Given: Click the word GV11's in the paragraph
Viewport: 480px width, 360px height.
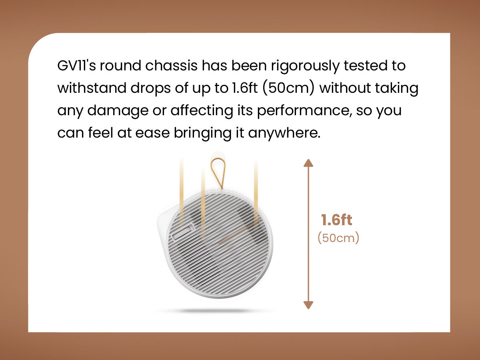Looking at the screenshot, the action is coord(76,66).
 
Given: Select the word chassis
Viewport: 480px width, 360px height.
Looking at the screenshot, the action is coord(171,66).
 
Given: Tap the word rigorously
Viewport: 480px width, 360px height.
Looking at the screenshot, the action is coord(305,66).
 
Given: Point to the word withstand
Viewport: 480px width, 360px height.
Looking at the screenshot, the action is coord(92,88).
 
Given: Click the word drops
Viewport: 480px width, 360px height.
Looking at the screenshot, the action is coord(151,89).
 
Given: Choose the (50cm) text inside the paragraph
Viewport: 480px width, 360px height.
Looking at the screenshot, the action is coord(288,88).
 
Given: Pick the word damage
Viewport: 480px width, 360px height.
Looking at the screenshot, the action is coord(118,111).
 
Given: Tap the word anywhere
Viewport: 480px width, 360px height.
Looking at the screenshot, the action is coord(284,133).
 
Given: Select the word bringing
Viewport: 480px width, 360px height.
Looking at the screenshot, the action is coord(202,133).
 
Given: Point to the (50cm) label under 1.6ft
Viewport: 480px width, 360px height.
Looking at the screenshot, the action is coord(338,238).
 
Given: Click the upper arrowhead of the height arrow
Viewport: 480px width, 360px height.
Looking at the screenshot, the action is coord(308,163).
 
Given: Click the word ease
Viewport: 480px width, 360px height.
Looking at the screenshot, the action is coord(152,133).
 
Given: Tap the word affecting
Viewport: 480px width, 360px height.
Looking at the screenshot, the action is coord(202,111).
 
